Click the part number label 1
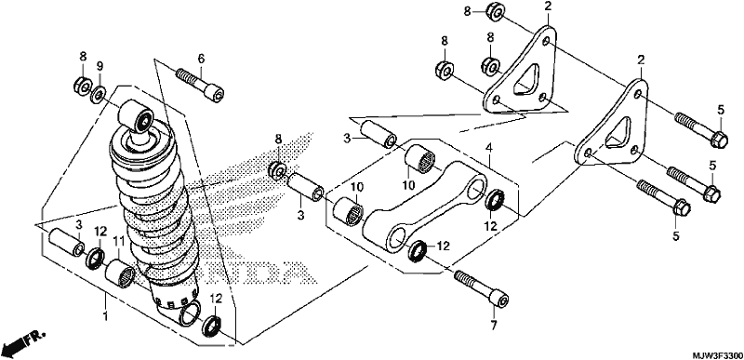tap(106, 316)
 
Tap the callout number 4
tap(488, 149)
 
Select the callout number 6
tap(201, 59)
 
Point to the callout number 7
tap(494, 326)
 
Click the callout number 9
tap(100, 66)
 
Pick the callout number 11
tap(118, 242)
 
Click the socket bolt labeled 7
tap(482, 287)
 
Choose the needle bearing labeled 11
tap(121, 273)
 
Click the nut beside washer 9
tap(83, 86)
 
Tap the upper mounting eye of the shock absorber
tap(137, 116)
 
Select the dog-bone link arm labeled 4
tap(425, 206)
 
